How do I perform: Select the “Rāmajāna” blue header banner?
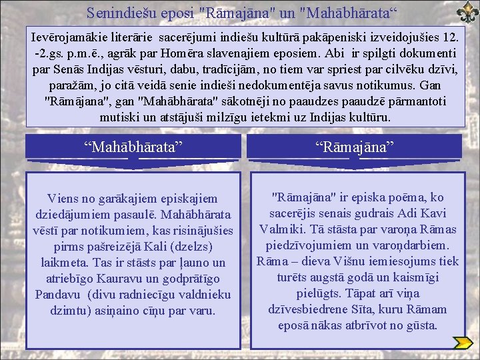(x=355, y=147)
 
